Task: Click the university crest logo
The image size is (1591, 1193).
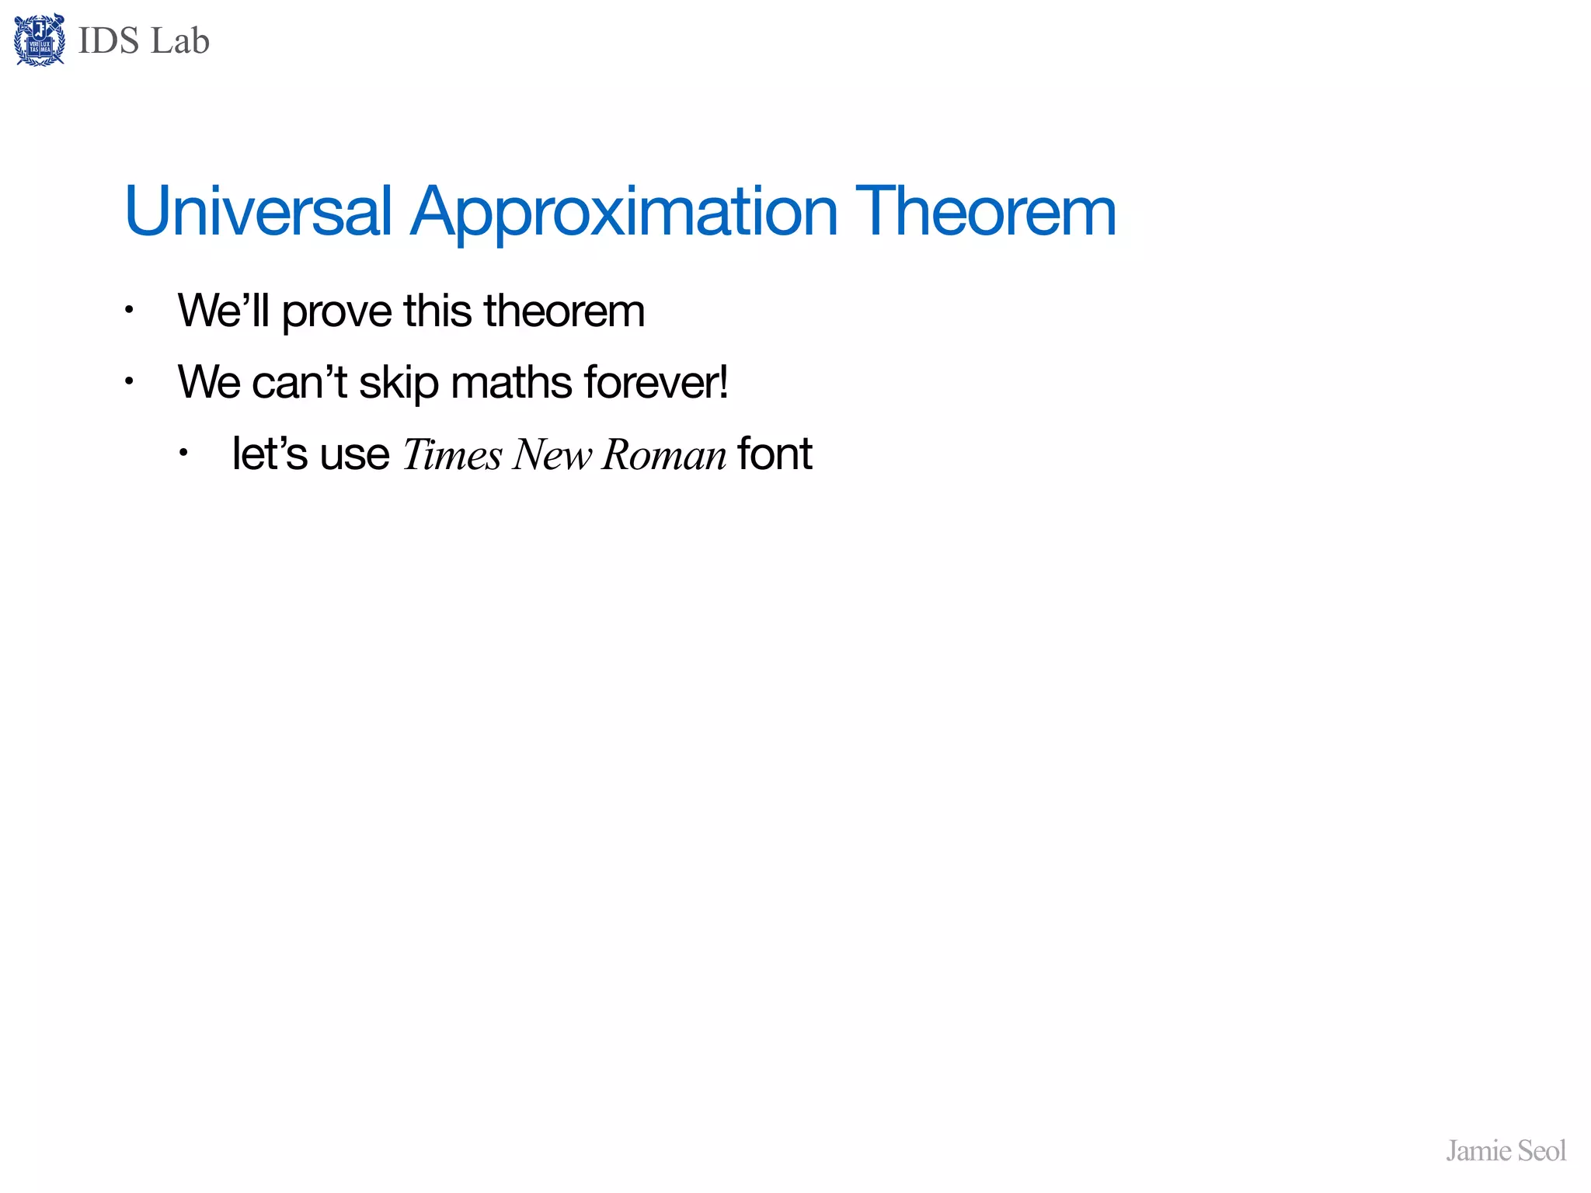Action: pyautogui.click(x=40, y=40)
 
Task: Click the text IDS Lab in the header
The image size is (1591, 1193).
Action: pyautogui.click(x=144, y=41)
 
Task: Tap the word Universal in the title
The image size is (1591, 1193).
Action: pyautogui.click(x=258, y=211)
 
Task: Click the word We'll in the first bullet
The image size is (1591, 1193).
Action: pyautogui.click(x=223, y=311)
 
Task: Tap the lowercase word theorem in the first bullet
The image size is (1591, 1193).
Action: pyautogui.click(x=564, y=311)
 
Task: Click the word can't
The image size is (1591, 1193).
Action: pyautogui.click(x=299, y=382)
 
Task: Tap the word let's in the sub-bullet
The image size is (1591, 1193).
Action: pyautogui.click(x=270, y=454)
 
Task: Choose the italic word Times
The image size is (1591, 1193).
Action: pyautogui.click(x=452, y=454)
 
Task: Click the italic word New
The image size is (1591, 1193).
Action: pyautogui.click(x=552, y=454)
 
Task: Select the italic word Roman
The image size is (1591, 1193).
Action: pyautogui.click(x=664, y=454)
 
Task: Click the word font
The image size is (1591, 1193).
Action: pyautogui.click(x=775, y=454)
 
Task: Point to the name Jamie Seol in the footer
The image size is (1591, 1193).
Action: pyautogui.click(x=1506, y=1151)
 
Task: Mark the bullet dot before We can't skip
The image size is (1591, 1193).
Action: pyautogui.click(x=130, y=382)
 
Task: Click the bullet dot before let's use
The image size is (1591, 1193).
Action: pyautogui.click(x=183, y=453)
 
